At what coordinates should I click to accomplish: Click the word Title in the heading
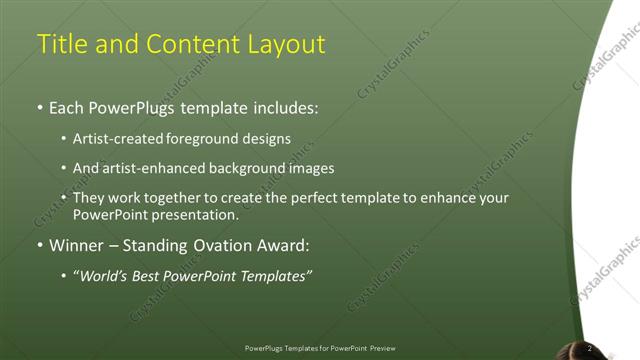[x=60, y=44]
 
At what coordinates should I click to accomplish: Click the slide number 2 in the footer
[x=589, y=348]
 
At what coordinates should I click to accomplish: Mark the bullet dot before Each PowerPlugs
[x=39, y=107]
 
